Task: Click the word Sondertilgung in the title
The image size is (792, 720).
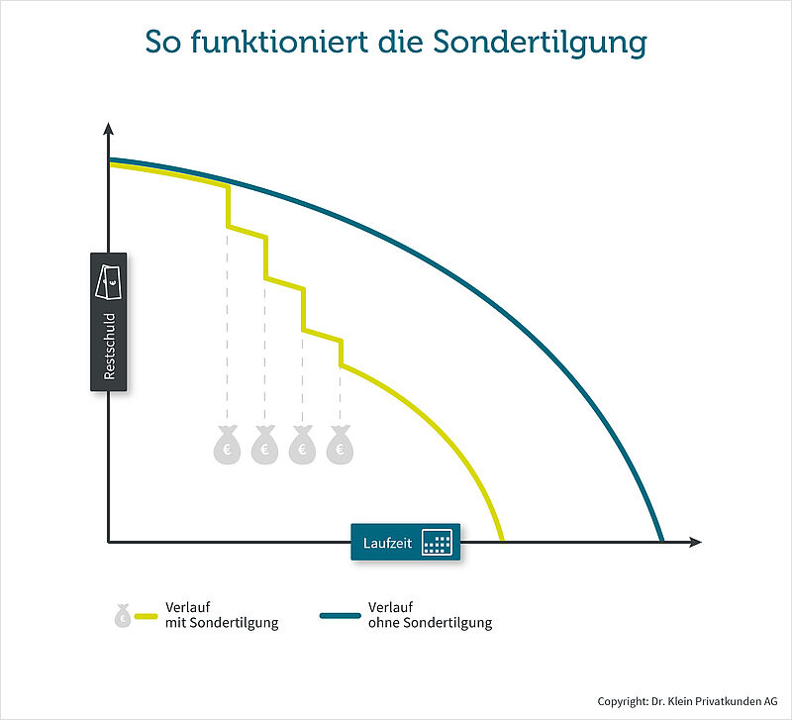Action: tap(540, 42)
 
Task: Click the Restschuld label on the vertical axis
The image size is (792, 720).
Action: tap(110, 346)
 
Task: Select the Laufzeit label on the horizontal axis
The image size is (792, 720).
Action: tap(387, 543)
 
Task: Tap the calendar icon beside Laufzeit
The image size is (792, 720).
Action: tap(437, 543)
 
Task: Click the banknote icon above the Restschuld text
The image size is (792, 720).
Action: tap(109, 281)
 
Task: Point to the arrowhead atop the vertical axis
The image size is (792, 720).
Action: tap(108, 129)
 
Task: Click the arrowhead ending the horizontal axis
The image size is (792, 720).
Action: tap(696, 542)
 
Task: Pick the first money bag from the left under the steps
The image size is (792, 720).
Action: tap(227, 445)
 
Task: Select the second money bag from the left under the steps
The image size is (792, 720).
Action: tap(264, 445)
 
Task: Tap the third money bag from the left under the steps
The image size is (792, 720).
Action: tap(302, 445)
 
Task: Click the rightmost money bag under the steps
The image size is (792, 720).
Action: tap(340, 445)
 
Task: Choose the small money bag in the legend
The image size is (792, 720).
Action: tap(123, 615)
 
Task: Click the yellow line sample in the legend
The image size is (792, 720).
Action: tap(147, 616)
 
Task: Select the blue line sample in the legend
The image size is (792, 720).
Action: tap(341, 616)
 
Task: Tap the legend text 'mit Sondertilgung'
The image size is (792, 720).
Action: tap(222, 623)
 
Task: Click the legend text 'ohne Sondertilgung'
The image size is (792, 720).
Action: tap(431, 623)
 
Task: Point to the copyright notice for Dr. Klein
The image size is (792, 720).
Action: tap(687, 701)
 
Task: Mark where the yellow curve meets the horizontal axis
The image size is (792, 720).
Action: tap(502, 540)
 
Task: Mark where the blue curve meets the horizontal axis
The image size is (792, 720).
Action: tap(661, 540)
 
